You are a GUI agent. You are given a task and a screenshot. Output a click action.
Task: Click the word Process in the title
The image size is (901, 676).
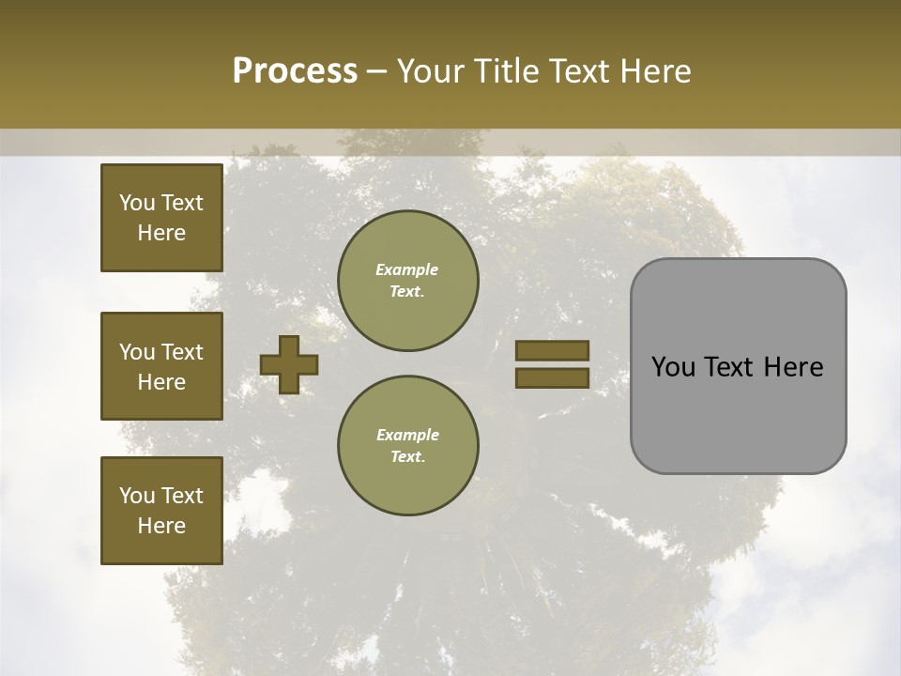pos(295,71)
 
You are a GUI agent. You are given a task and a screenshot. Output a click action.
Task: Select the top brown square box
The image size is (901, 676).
pos(161,218)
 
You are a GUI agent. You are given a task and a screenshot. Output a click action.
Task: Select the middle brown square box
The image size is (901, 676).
pos(161,366)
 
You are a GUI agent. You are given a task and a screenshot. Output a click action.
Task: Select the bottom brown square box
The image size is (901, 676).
pos(161,511)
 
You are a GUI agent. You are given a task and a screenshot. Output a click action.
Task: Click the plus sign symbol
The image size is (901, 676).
pos(288,364)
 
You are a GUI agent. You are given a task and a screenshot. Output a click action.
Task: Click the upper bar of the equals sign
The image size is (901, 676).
pos(552,351)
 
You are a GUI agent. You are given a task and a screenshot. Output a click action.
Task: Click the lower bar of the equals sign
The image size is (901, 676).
pos(552,377)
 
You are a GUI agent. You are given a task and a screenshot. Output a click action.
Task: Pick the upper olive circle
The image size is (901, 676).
pos(407,280)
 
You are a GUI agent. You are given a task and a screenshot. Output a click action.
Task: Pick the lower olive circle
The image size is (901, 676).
pos(407,445)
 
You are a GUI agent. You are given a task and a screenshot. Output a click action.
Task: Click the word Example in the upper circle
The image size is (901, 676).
pos(407,269)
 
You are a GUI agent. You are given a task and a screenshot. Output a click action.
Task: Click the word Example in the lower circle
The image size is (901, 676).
pos(407,435)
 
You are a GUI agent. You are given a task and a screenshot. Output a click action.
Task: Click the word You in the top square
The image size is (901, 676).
pos(137,203)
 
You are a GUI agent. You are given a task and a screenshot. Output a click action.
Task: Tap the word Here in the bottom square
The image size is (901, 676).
pos(161,526)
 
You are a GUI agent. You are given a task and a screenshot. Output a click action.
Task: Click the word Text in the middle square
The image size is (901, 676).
pos(182,352)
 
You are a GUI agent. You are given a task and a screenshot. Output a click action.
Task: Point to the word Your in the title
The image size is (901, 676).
pos(431,71)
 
